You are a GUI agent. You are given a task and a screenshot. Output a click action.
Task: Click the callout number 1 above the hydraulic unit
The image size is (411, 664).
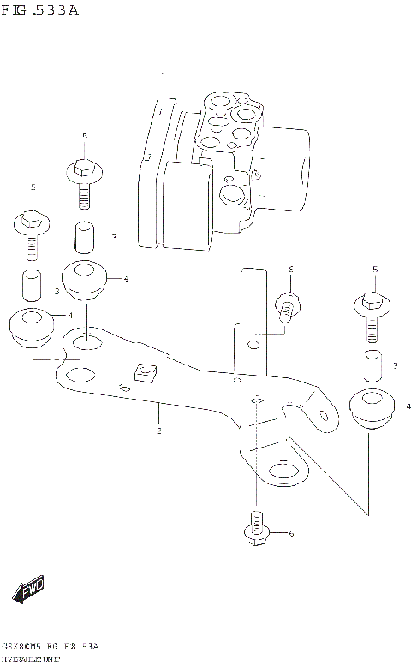(163, 77)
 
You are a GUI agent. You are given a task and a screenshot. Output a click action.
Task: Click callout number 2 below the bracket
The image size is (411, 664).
(158, 431)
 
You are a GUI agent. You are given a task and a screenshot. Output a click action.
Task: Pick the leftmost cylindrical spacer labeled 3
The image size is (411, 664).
(32, 283)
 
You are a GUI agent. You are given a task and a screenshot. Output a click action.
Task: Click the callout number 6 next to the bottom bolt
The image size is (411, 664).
(290, 535)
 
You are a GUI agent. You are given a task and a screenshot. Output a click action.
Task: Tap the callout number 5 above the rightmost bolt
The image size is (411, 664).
(374, 270)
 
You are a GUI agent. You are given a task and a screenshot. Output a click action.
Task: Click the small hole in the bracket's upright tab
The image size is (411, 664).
(253, 346)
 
